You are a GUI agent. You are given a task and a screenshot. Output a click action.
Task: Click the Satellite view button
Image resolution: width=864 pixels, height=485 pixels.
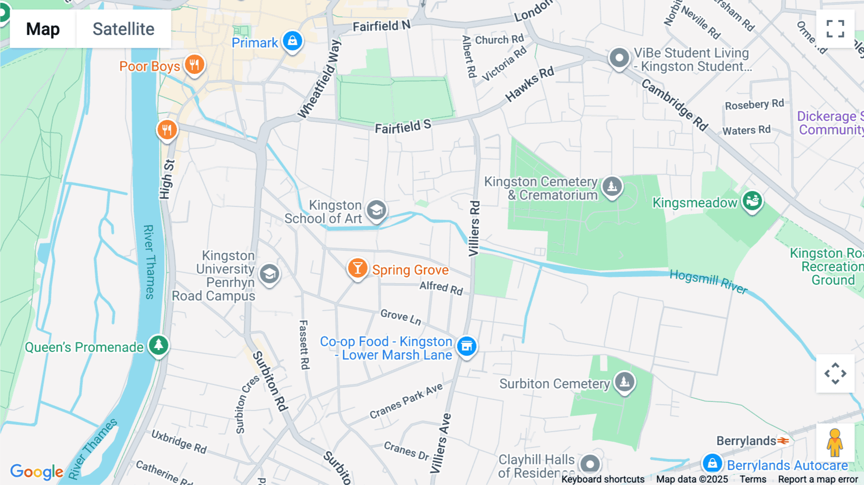click(x=123, y=29)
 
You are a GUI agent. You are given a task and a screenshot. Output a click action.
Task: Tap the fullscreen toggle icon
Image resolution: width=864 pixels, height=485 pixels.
click(x=835, y=29)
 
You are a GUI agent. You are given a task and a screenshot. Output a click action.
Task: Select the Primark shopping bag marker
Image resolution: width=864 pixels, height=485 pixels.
click(x=292, y=41)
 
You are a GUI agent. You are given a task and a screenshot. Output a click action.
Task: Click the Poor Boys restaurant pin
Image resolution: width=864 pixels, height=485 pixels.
click(x=194, y=65)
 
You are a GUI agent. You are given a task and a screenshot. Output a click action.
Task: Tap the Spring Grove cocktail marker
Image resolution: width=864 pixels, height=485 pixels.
click(x=357, y=269)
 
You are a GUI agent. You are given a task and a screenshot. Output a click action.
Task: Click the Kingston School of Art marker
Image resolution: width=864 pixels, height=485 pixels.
click(x=376, y=210)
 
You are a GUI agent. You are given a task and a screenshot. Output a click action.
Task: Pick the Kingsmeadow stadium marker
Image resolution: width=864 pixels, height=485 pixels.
click(x=752, y=201)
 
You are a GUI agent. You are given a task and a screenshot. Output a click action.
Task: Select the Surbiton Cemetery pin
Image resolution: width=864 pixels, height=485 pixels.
click(x=624, y=382)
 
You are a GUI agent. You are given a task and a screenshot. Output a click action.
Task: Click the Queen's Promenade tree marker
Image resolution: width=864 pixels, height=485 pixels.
click(x=158, y=345)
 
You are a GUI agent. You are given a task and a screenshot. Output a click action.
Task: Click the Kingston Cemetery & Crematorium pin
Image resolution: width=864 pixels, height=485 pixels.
click(x=612, y=187)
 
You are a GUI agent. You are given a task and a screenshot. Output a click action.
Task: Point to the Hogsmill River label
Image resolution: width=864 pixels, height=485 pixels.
click(x=708, y=281)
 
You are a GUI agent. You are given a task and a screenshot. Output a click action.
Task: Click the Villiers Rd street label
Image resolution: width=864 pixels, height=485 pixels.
click(x=474, y=229)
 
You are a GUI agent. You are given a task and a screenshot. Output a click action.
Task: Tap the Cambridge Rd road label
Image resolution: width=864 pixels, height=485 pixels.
click(x=675, y=105)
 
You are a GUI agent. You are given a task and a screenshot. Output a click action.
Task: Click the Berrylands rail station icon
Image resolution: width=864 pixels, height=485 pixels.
click(x=783, y=440)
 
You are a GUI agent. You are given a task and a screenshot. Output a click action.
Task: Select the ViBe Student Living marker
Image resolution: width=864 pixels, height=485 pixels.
click(x=619, y=59)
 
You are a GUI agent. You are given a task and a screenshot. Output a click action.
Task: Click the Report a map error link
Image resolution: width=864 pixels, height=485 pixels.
click(x=818, y=479)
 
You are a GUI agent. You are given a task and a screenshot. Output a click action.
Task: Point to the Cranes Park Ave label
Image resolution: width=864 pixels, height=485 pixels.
click(x=406, y=401)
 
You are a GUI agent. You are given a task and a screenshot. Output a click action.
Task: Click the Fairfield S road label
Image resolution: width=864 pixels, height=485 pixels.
click(x=403, y=127)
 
